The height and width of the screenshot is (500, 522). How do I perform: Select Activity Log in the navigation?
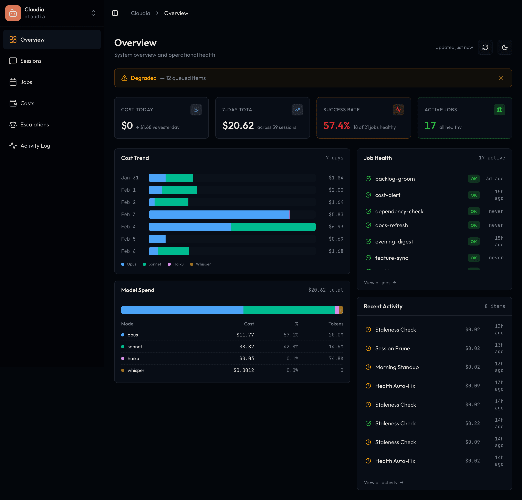(x=35, y=146)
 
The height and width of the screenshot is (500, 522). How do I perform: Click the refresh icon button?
(x=485, y=48)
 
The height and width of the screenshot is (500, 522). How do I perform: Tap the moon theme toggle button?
(x=504, y=48)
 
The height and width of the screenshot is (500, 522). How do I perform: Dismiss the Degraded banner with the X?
(x=501, y=78)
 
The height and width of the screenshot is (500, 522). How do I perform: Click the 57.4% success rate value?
(x=336, y=125)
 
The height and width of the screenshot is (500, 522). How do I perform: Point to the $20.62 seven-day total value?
(x=238, y=125)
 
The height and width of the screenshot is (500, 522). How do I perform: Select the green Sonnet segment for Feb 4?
(x=273, y=227)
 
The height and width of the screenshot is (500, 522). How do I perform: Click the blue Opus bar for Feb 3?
(x=219, y=215)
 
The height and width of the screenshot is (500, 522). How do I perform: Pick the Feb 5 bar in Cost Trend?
(x=157, y=239)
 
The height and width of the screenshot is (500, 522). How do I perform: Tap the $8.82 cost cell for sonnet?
(x=246, y=347)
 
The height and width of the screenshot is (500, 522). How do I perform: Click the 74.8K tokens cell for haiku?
(x=336, y=358)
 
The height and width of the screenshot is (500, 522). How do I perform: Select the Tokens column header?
(x=336, y=324)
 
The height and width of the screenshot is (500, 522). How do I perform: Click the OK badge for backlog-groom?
(x=473, y=179)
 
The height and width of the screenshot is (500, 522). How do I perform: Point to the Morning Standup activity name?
(x=397, y=367)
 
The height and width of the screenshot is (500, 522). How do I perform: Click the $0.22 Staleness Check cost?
(x=472, y=423)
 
